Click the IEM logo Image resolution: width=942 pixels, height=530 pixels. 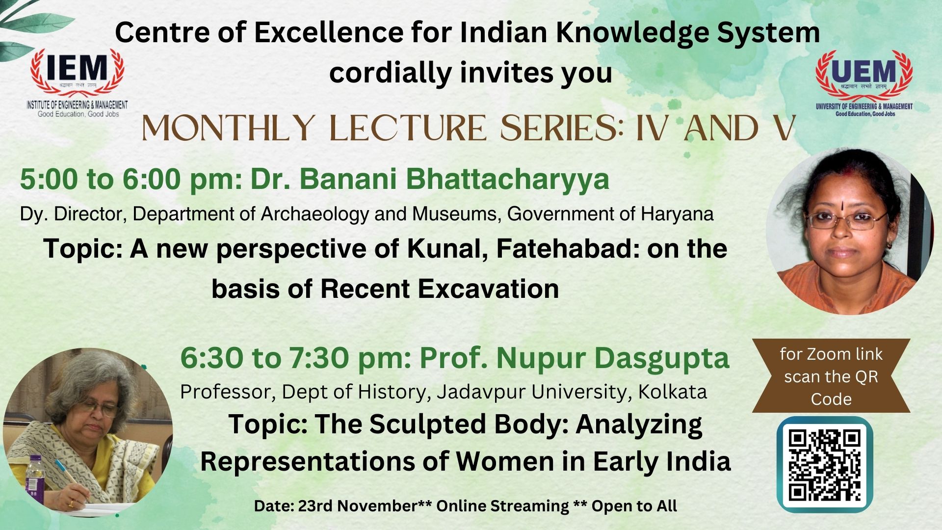point(77,82)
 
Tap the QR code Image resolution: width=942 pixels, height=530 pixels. point(825,464)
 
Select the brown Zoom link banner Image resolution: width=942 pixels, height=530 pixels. point(831,375)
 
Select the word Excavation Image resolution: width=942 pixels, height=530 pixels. point(488,289)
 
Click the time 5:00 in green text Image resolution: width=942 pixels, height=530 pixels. point(49,179)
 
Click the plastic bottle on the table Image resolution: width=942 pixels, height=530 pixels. point(34,476)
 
